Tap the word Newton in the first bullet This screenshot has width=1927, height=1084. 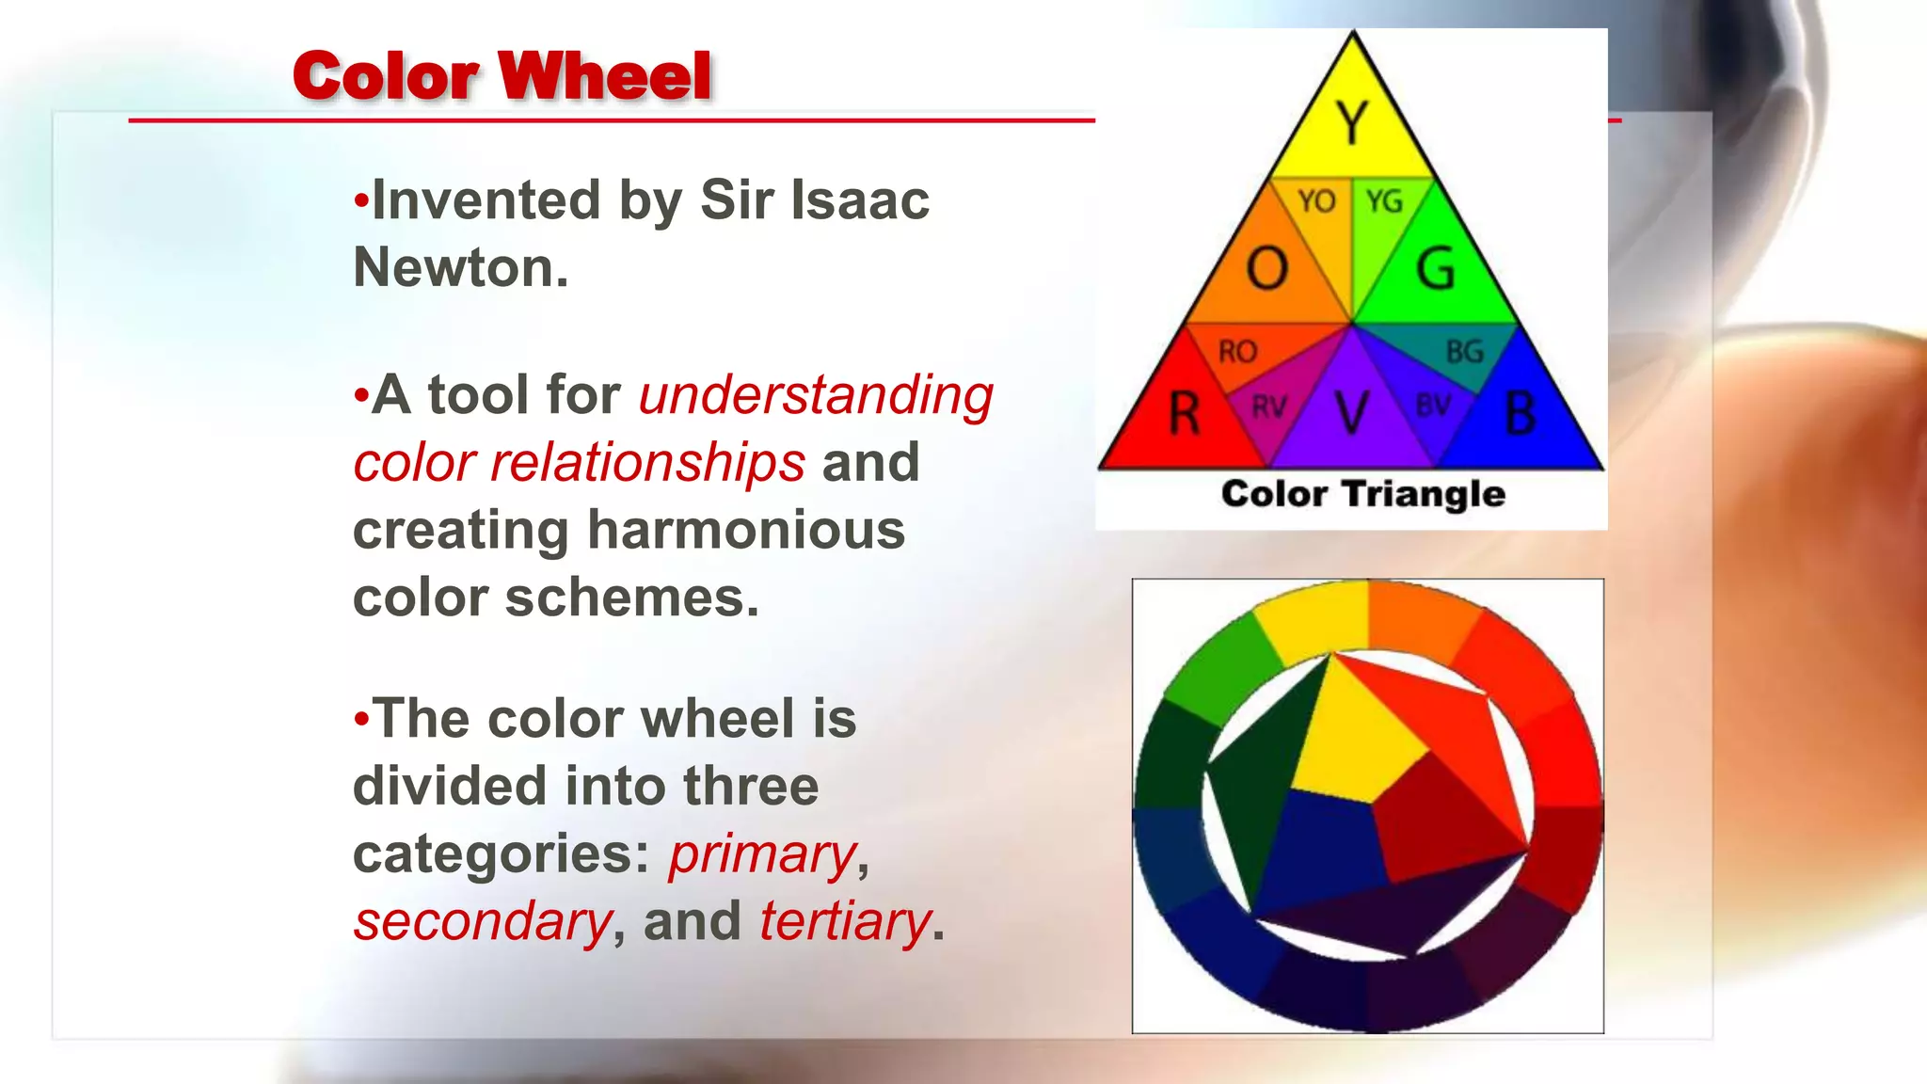pos(459,267)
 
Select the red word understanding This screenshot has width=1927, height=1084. pos(815,394)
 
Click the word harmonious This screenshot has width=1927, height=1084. pos(745,530)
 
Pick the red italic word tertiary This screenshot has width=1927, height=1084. pos(844,921)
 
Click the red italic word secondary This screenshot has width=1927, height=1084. pos(482,921)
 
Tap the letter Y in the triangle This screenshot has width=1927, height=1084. pos(1352,122)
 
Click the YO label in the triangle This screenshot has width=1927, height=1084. pos(1316,200)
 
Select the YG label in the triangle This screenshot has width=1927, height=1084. pos(1384,200)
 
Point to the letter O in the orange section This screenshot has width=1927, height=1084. pos(1266,268)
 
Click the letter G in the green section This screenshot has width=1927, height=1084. pos(1436,268)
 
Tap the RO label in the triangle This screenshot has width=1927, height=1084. pos(1237,352)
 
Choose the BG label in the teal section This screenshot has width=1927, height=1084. pos(1464,352)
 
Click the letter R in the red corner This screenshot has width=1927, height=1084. pos(1184,414)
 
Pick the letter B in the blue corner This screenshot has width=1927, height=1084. pos(1521,414)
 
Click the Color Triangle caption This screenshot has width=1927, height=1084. pos(1362,494)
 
